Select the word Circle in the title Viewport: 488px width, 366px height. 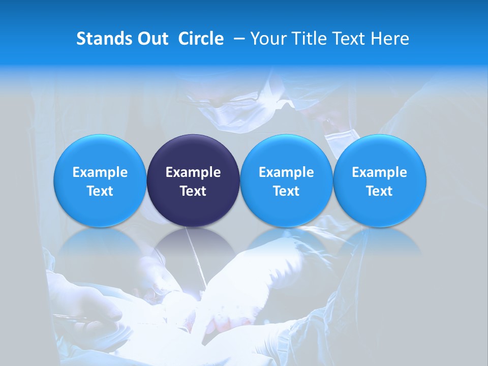[x=201, y=39]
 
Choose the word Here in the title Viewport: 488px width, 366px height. [x=390, y=39]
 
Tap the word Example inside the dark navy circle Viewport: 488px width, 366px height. [x=193, y=172]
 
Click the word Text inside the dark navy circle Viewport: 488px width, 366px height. [x=193, y=191]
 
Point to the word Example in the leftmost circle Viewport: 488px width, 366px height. [x=100, y=172]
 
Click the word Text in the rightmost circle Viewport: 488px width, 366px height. [x=380, y=191]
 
